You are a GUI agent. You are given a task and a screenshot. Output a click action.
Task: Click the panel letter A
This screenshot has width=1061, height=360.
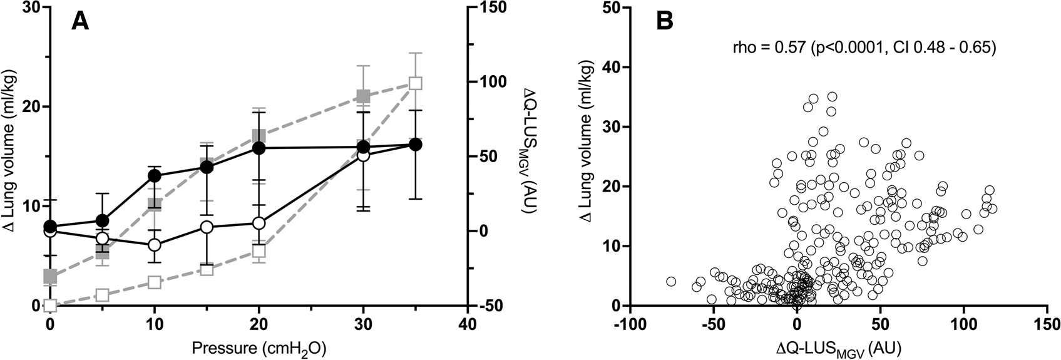coord(81,22)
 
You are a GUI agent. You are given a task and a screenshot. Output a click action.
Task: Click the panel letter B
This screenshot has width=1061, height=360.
coord(664,22)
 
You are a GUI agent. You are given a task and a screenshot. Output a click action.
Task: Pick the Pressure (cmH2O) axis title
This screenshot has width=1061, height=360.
coord(259,346)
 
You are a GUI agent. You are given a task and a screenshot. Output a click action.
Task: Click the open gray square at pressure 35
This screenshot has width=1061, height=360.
coord(415,83)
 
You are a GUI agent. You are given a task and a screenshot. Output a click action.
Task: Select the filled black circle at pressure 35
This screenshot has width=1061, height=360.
coord(415,145)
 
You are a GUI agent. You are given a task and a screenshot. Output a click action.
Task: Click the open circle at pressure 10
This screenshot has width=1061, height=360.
coord(155,245)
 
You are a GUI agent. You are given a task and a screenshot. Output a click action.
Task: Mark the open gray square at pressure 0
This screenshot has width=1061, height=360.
coord(50,306)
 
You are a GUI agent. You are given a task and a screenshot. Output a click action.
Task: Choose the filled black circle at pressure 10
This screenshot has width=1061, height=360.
coord(155,176)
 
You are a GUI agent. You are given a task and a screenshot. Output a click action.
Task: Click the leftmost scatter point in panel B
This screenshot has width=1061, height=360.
coord(672,282)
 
